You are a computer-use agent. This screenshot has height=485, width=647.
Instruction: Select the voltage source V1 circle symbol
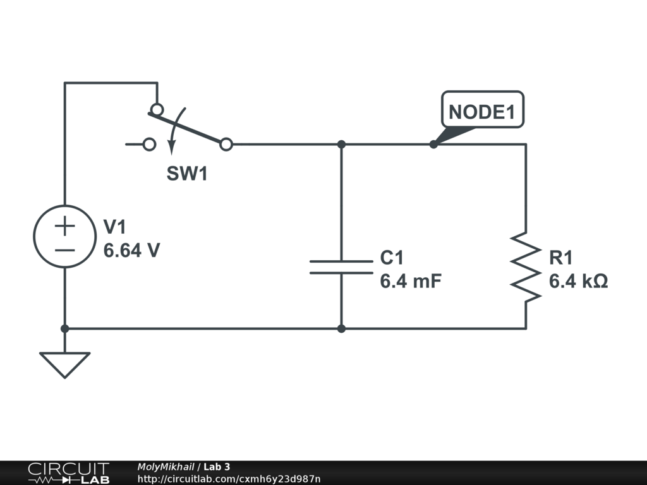pos(65,236)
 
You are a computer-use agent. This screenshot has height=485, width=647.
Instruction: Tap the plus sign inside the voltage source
pos(65,225)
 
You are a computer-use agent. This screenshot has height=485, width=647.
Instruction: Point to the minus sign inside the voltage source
pos(65,249)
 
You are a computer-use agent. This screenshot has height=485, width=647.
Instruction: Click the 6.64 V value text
pos(131,251)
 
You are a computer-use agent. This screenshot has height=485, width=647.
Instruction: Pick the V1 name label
pos(116,227)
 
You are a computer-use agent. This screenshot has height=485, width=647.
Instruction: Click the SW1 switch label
pos(187,174)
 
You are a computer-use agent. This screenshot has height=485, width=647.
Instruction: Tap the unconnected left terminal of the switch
pos(149,145)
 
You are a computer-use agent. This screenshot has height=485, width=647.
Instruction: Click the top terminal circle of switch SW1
pos(156,109)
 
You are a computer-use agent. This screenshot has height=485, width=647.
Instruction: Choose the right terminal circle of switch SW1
pos(226,145)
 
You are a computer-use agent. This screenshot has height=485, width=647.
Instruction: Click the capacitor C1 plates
pos(341,267)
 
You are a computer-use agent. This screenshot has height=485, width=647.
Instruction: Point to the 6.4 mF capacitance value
pos(410,281)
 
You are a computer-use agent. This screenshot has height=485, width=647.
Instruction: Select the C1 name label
pos(392,258)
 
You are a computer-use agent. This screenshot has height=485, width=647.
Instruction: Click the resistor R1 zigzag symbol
pos(526,266)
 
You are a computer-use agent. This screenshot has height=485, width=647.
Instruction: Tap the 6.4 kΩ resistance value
pos(578,281)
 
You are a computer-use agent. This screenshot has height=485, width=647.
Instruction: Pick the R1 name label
pos(561,258)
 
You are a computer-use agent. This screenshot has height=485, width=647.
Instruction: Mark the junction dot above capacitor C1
pos(341,145)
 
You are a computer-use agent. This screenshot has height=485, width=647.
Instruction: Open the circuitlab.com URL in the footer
pos(229,479)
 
